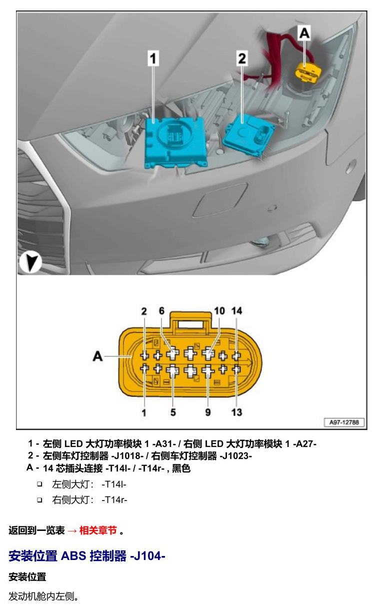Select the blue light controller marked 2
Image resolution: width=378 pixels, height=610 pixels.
click(x=248, y=135)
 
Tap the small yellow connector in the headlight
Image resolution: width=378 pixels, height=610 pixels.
click(x=308, y=71)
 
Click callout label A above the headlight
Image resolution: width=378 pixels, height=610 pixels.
click(x=304, y=33)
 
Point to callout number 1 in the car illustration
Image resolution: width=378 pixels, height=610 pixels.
click(x=153, y=58)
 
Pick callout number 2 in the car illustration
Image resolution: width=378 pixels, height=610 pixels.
click(x=242, y=58)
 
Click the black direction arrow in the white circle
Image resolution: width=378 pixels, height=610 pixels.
click(x=30, y=262)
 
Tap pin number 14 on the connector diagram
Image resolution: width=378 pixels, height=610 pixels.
click(x=236, y=310)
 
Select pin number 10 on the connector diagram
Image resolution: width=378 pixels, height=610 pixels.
click(x=219, y=310)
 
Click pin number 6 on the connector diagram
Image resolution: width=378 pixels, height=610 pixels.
click(x=162, y=310)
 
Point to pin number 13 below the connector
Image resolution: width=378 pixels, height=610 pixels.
click(x=236, y=412)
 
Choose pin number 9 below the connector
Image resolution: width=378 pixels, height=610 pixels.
click(x=208, y=412)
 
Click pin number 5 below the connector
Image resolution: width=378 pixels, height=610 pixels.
click(x=173, y=412)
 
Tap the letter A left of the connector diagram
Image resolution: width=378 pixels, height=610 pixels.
click(x=98, y=356)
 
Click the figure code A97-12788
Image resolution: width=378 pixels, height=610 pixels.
click(x=344, y=422)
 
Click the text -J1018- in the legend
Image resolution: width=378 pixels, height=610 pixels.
click(x=127, y=455)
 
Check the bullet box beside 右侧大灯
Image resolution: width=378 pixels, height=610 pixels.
click(x=40, y=500)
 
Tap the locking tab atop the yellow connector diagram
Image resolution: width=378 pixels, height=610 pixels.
click(x=190, y=322)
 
